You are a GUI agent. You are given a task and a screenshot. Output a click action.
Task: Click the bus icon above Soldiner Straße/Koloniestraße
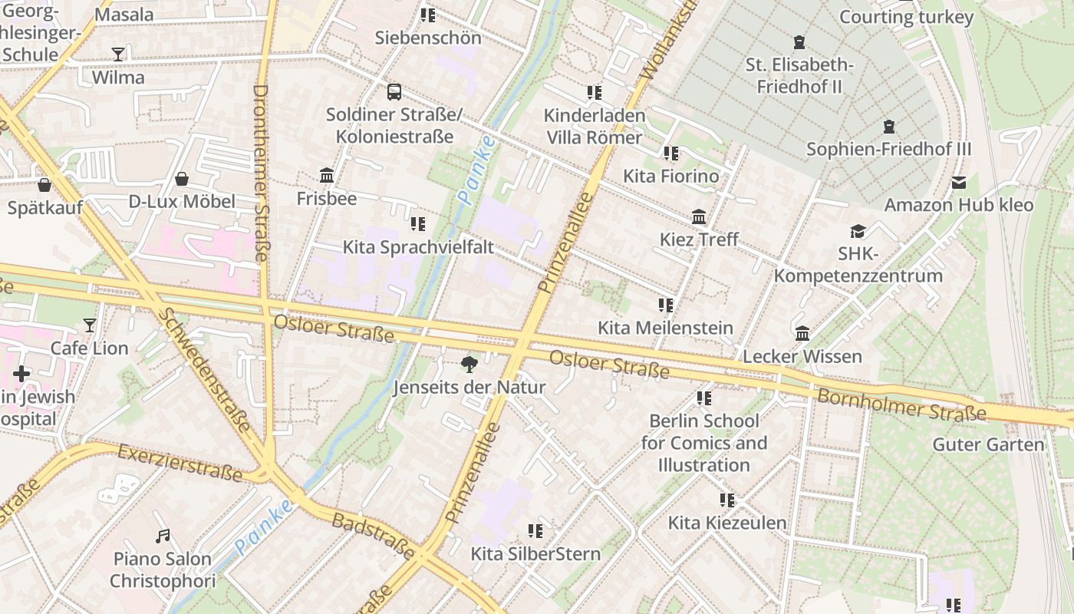click(x=394, y=92)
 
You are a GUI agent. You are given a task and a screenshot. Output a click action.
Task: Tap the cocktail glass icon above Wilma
click(x=118, y=54)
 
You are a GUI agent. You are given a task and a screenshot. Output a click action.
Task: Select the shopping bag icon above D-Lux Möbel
click(x=182, y=179)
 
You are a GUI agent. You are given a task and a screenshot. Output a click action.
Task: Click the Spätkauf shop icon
click(x=44, y=185)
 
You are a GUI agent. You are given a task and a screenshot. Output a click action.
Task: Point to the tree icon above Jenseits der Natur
click(x=469, y=365)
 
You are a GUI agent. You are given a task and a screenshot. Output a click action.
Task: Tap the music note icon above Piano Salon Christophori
click(x=162, y=536)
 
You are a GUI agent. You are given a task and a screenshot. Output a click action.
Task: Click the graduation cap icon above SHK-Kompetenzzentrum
click(x=858, y=231)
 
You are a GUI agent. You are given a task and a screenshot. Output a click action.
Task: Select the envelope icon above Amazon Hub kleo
click(x=958, y=183)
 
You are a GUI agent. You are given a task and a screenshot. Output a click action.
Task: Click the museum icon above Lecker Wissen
click(x=802, y=333)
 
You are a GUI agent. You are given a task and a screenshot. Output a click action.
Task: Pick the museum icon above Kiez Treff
click(x=699, y=216)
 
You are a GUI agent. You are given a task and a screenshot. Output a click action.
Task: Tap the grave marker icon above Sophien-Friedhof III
click(x=889, y=126)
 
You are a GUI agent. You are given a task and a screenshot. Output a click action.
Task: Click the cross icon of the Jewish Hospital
click(x=21, y=374)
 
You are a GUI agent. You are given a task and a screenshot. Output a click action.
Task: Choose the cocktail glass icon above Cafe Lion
click(x=90, y=325)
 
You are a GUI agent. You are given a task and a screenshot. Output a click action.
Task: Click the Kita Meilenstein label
click(x=665, y=328)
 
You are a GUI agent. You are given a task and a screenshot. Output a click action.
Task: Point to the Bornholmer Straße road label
click(x=901, y=404)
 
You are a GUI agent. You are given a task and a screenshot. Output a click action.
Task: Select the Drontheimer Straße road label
click(x=261, y=173)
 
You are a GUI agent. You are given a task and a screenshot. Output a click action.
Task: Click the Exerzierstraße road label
click(x=180, y=464)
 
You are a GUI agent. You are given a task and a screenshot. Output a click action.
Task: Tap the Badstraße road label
click(x=374, y=536)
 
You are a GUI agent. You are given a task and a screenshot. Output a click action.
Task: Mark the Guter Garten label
click(x=988, y=444)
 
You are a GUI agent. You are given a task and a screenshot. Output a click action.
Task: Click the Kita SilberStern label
click(x=535, y=553)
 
